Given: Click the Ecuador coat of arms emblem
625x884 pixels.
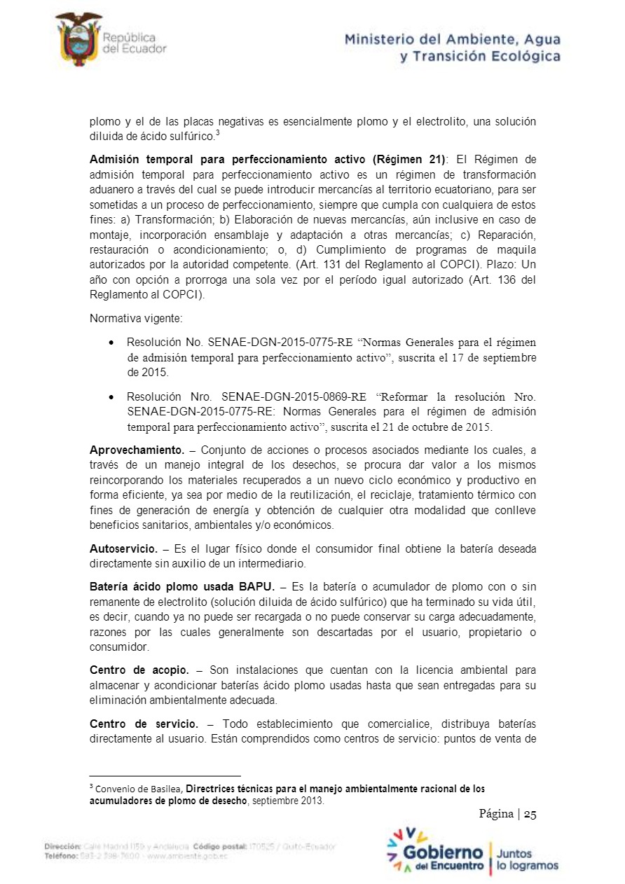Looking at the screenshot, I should coord(78,39).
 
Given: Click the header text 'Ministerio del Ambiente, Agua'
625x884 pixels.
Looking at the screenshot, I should coord(452,39).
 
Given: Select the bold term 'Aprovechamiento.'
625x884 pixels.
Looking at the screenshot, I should coord(137,449).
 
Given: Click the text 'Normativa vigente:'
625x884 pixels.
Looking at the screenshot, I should coord(136,318).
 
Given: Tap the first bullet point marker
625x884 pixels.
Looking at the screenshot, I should coord(112,343).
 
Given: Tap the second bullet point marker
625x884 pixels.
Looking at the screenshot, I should coord(112,397).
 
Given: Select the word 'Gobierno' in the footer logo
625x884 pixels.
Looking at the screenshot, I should coord(444,852).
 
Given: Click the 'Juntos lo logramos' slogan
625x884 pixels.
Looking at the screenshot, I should coord(527,859).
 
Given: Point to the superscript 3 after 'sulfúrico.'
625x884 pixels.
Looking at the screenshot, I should coord(218,133).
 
